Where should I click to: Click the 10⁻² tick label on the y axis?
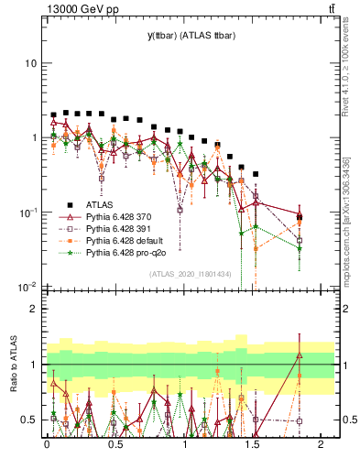pos(27,287)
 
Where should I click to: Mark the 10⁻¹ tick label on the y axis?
pos(27,213)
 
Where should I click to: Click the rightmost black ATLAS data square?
pos(300,217)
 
